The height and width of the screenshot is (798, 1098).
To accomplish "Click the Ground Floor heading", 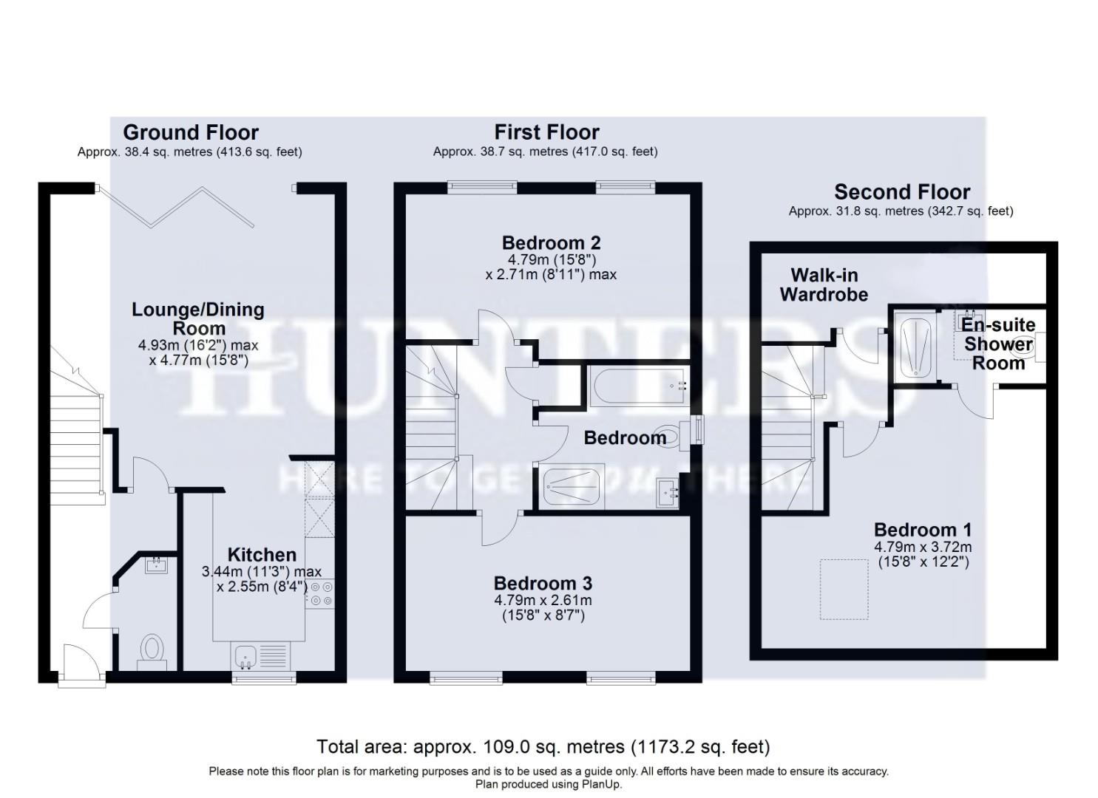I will pos(191,132).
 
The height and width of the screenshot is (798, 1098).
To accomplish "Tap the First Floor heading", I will pos(546,132).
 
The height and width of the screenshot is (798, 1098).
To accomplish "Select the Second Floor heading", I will pos(901,192).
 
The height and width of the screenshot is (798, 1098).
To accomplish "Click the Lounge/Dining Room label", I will pos(198,318).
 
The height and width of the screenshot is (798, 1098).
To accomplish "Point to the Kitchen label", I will pos(262,555).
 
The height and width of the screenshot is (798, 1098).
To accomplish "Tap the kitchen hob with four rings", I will pos(320,595).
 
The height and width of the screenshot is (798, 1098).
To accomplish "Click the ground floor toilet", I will pos(152,650).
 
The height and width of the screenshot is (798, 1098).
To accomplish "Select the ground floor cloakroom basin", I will pos(157,566).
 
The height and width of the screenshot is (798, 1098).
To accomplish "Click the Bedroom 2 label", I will pos(551,242).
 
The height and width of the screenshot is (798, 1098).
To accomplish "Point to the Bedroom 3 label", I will pos(543,584).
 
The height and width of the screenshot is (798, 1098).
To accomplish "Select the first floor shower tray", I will pos(574,487).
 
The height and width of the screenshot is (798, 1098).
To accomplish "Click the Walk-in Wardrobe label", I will pos(824,284).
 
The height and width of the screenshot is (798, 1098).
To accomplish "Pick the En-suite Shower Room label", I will pos(998,344).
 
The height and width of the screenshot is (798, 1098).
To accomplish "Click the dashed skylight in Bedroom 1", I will pos(844,589).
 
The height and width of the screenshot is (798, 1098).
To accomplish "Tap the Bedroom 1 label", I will pos(922,530).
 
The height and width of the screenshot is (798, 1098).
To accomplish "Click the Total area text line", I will pos(543,746).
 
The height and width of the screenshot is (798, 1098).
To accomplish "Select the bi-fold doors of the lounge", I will pos(177,206).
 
